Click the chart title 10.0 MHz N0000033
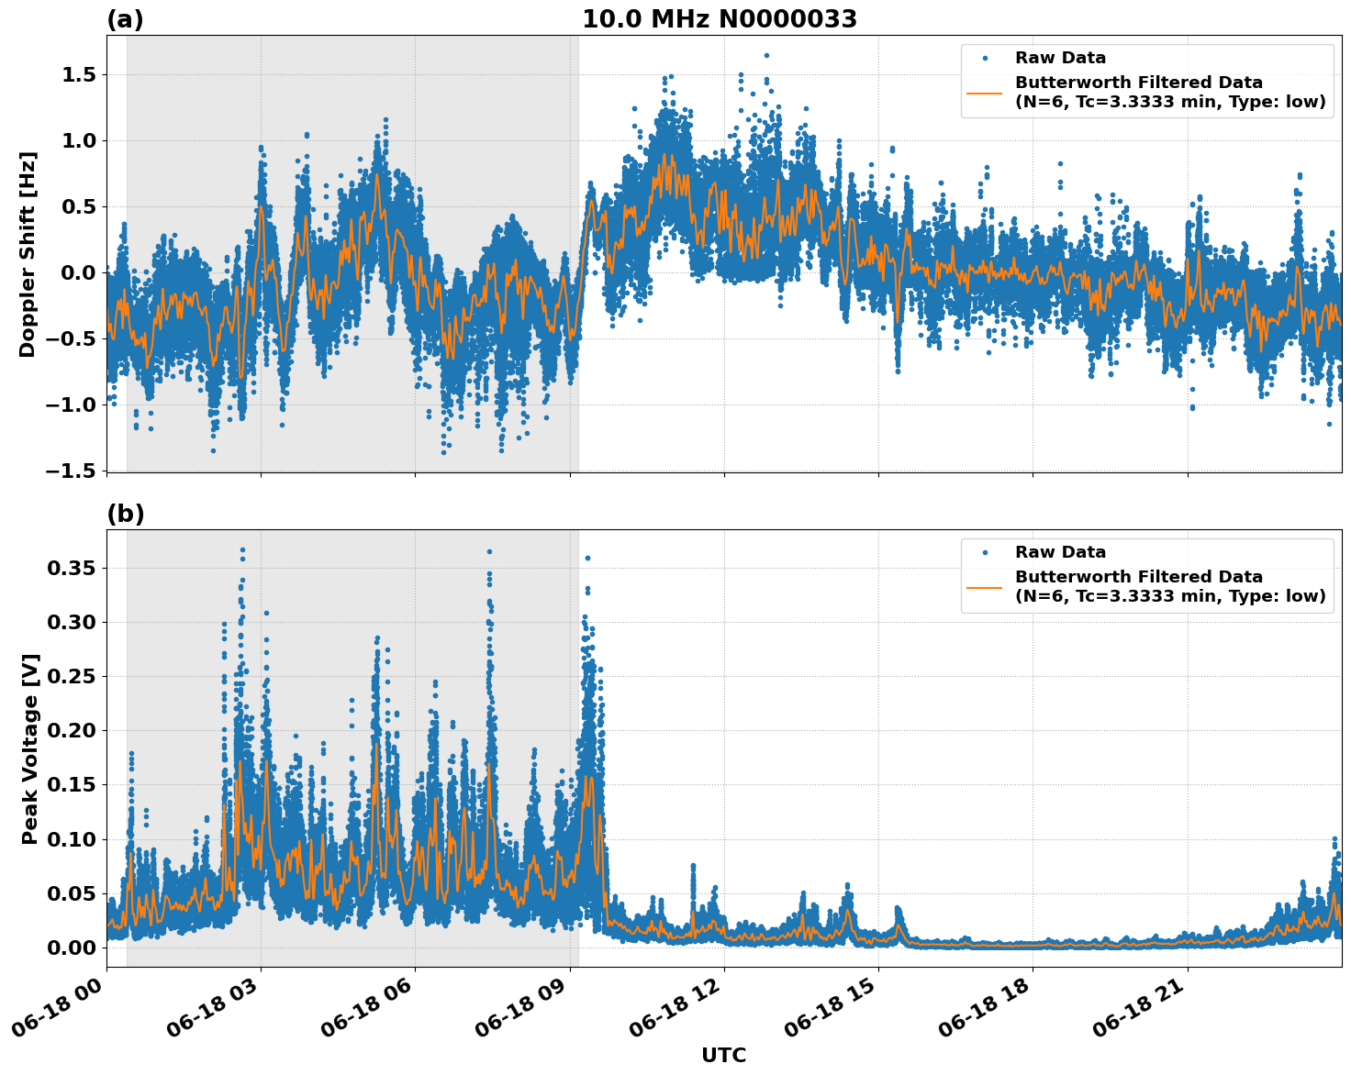pyautogui.click(x=719, y=19)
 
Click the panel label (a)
pyautogui.click(x=125, y=19)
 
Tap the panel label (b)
pyautogui.click(x=125, y=514)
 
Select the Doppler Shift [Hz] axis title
pyautogui.click(x=28, y=254)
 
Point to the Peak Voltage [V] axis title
pyautogui.click(x=30, y=748)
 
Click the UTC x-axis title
pyautogui.click(x=723, y=1055)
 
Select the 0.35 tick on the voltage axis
pyautogui.click(x=72, y=568)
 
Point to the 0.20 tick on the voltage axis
pyautogui.click(x=72, y=730)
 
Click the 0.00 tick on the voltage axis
pyautogui.click(x=72, y=947)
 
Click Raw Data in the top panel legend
pyautogui.click(x=1060, y=58)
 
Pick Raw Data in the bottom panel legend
pyautogui.click(x=1060, y=552)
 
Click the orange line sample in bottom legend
pyautogui.click(x=985, y=587)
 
